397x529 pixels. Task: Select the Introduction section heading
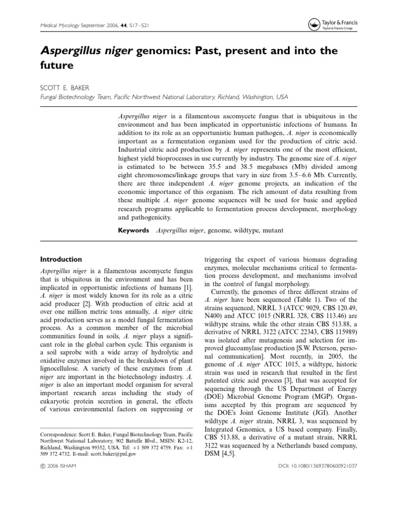tap(61, 259)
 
